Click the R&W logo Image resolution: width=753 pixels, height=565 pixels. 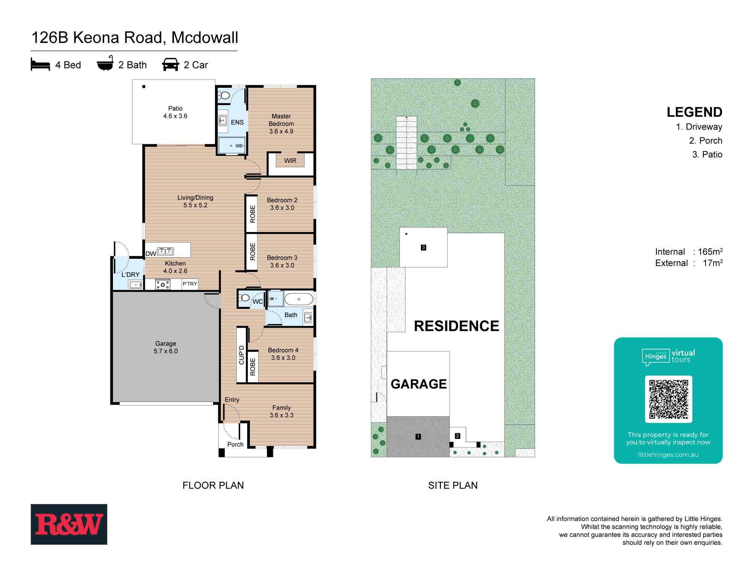tap(69, 524)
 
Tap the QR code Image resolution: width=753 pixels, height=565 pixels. tap(668, 399)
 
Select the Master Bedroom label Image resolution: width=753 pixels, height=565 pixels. tap(281, 124)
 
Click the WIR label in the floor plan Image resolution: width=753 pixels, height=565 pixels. tap(290, 161)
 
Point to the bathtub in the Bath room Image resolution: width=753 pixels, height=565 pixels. tap(299, 299)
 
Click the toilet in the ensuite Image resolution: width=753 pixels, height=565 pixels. tap(224, 96)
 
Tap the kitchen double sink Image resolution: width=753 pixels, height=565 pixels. tap(165, 251)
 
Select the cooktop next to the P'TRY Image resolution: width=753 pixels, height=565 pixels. tap(163, 284)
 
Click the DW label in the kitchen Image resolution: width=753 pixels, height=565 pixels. tap(151, 254)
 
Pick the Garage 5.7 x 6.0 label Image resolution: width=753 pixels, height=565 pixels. tap(166, 347)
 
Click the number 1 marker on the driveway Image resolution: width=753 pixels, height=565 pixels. tap(418, 437)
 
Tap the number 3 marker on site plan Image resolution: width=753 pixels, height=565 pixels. tap(424, 247)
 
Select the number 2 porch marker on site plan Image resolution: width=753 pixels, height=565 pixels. tap(457, 436)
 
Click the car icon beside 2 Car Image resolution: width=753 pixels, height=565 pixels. tap(171, 64)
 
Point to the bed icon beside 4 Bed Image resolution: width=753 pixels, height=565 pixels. tap(40, 65)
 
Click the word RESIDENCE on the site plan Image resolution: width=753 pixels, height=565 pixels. tap(456, 326)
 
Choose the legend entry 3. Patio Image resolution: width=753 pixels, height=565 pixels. tap(707, 154)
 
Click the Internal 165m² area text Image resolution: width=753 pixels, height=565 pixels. tap(689, 252)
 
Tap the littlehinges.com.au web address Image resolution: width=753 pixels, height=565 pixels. tap(668, 455)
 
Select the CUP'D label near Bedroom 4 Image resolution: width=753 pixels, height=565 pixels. tap(242, 355)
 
